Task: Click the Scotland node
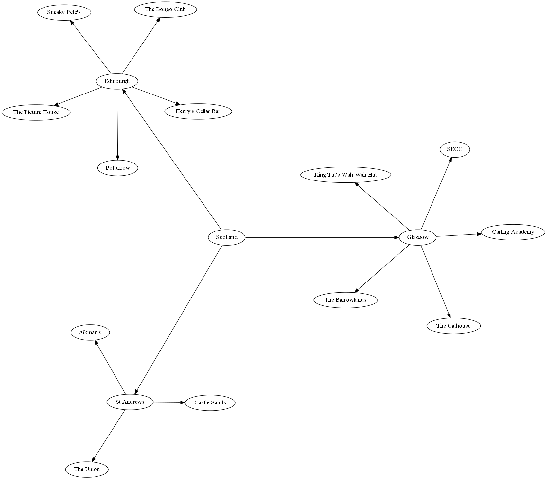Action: click(x=227, y=237)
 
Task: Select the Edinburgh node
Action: click(x=117, y=81)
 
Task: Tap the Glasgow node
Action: click(x=418, y=237)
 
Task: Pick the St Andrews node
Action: click(x=130, y=402)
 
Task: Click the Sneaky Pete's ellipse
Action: click(x=64, y=12)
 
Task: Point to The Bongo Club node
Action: click(x=165, y=9)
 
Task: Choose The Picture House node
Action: click(x=36, y=112)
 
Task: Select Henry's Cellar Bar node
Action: click(x=198, y=111)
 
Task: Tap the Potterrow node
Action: click(x=118, y=168)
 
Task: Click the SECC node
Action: click(x=455, y=149)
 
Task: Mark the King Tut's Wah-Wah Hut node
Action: click(x=345, y=175)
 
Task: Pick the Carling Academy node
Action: click(x=513, y=232)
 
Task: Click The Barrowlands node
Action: click(x=345, y=300)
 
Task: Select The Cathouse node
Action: click(x=453, y=326)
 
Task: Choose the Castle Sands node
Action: click(x=210, y=403)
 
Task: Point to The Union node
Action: click(x=87, y=470)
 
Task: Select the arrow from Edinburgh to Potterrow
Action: click(x=117, y=124)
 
